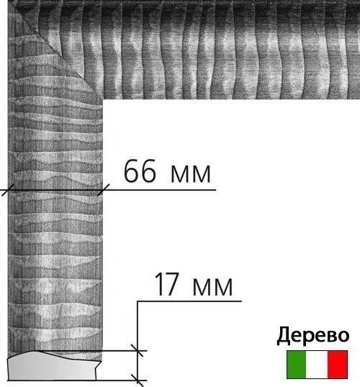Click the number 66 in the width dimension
coord(140,171)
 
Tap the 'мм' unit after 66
coord(191,174)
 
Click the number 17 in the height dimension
coord(167,284)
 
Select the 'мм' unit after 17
coord(212,287)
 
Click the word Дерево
coord(313,336)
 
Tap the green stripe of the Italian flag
coord(297,365)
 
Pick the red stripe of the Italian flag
coord(338,365)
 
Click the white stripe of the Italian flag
coord(317,365)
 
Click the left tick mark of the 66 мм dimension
coord(8,190)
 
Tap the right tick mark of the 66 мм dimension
coord(103,190)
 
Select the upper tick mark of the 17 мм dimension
coord(138,350)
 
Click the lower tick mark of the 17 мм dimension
coord(138,381)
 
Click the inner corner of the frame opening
coord(102,99)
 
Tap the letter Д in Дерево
coord(283,336)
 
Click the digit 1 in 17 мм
coord(160,284)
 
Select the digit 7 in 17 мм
coord(172,284)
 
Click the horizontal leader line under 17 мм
coord(189,301)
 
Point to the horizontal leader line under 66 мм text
coord(108,190)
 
